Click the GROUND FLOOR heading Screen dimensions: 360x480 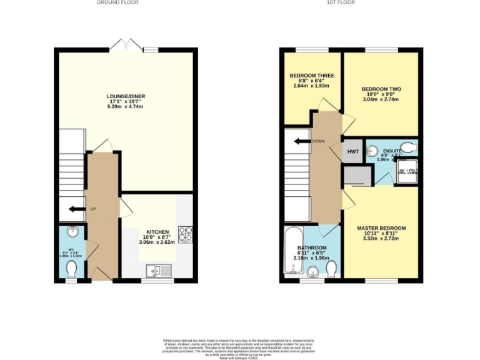pos(117,2)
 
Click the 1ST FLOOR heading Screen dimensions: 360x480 pos(341,2)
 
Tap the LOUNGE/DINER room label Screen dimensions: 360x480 pos(126,96)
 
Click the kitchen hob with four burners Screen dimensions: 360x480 pos(185,233)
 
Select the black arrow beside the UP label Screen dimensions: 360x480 pos(77,209)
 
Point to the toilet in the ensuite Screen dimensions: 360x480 pos(407,147)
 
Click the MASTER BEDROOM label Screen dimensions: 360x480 pos(381,227)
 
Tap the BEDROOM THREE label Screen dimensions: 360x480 pos(311,76)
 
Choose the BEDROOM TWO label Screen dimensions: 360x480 pos(381,89)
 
